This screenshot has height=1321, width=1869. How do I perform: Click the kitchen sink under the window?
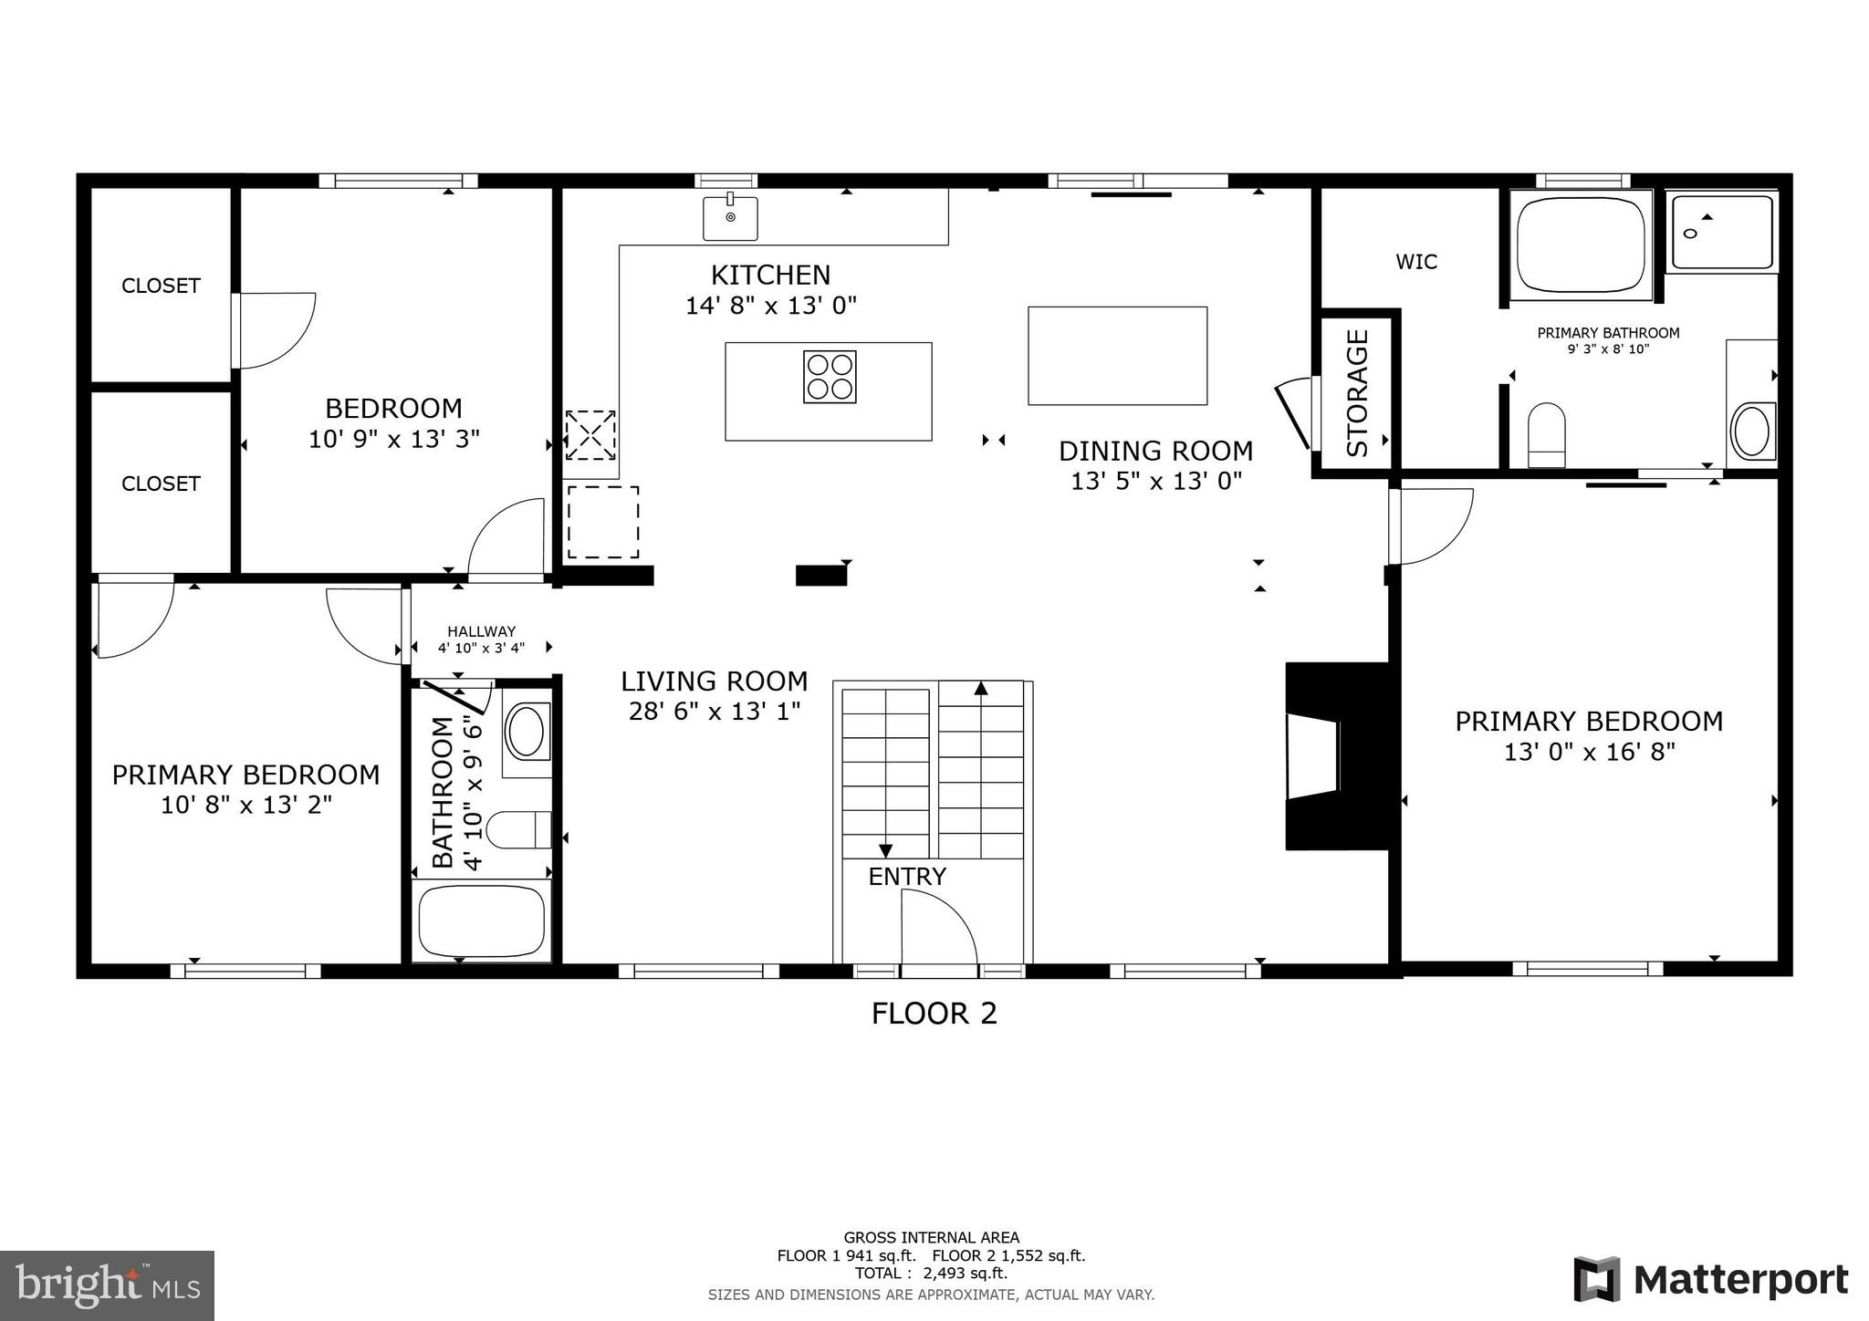click(730, 218)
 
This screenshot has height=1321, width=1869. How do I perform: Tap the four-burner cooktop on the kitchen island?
click(830, 377)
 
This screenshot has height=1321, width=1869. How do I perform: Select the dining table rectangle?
click(1117, 356)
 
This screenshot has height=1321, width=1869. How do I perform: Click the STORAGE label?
click(1358, 393)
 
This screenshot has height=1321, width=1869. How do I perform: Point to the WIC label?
click(1416, 263)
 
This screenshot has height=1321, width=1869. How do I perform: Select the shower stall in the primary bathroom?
click(1722, 232)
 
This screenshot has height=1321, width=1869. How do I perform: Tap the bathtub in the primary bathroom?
click(1581, 244)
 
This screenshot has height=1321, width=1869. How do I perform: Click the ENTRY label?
click(907, 877)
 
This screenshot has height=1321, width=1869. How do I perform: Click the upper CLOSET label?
click(161, 286)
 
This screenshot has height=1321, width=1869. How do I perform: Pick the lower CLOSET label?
click(161, 484)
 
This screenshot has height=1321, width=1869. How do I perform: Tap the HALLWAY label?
click(481, 631)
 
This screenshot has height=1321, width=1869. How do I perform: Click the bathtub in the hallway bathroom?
click(481, 921)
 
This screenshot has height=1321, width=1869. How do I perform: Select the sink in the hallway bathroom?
click(527, 733)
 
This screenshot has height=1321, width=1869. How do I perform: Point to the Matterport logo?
click(1711, 1280)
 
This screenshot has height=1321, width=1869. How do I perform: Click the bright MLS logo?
click(108, 1285)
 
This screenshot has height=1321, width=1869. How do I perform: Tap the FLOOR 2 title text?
click(934, 1014)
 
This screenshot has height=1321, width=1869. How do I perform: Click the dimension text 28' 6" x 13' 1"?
click(715, 712)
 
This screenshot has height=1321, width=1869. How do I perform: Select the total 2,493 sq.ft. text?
click(931, 1274)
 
